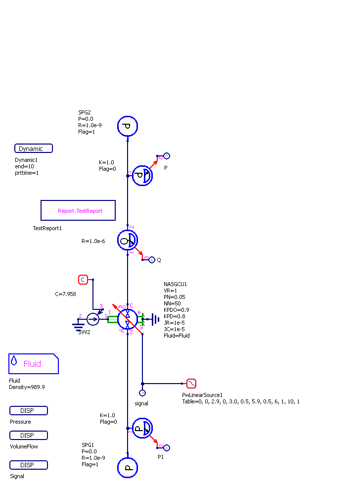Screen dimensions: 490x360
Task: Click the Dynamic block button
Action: click(34, 148)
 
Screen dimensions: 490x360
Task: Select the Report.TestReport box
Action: click(78, 210)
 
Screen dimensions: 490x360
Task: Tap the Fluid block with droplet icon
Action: click(33, 364)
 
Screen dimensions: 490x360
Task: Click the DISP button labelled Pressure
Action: click(29, 411)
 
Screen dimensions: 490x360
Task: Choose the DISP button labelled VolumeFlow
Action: click(29, 436)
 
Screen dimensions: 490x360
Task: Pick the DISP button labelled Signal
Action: click(29, 465)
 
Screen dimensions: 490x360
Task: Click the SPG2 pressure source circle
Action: click(127, 126)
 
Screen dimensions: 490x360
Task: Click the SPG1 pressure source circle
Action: click(127, 468)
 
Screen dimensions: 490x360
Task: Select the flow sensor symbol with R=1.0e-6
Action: click(128, 241)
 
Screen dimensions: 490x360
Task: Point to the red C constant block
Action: click(83, 280)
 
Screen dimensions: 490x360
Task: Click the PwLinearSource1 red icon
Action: click(191, 383)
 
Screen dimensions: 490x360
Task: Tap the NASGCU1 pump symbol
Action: click(128, 319)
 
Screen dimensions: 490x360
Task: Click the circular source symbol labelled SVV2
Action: click(93, 319)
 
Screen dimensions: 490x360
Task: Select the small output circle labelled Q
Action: click(152, 259)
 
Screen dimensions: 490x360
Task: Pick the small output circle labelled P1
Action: click(167, 448)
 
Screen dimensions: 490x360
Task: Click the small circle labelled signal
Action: click(142, 393)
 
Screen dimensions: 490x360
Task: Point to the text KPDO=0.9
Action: click(177, 310)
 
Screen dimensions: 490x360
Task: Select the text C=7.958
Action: click(65, 294)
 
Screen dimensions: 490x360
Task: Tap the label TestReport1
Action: click(47, 228)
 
